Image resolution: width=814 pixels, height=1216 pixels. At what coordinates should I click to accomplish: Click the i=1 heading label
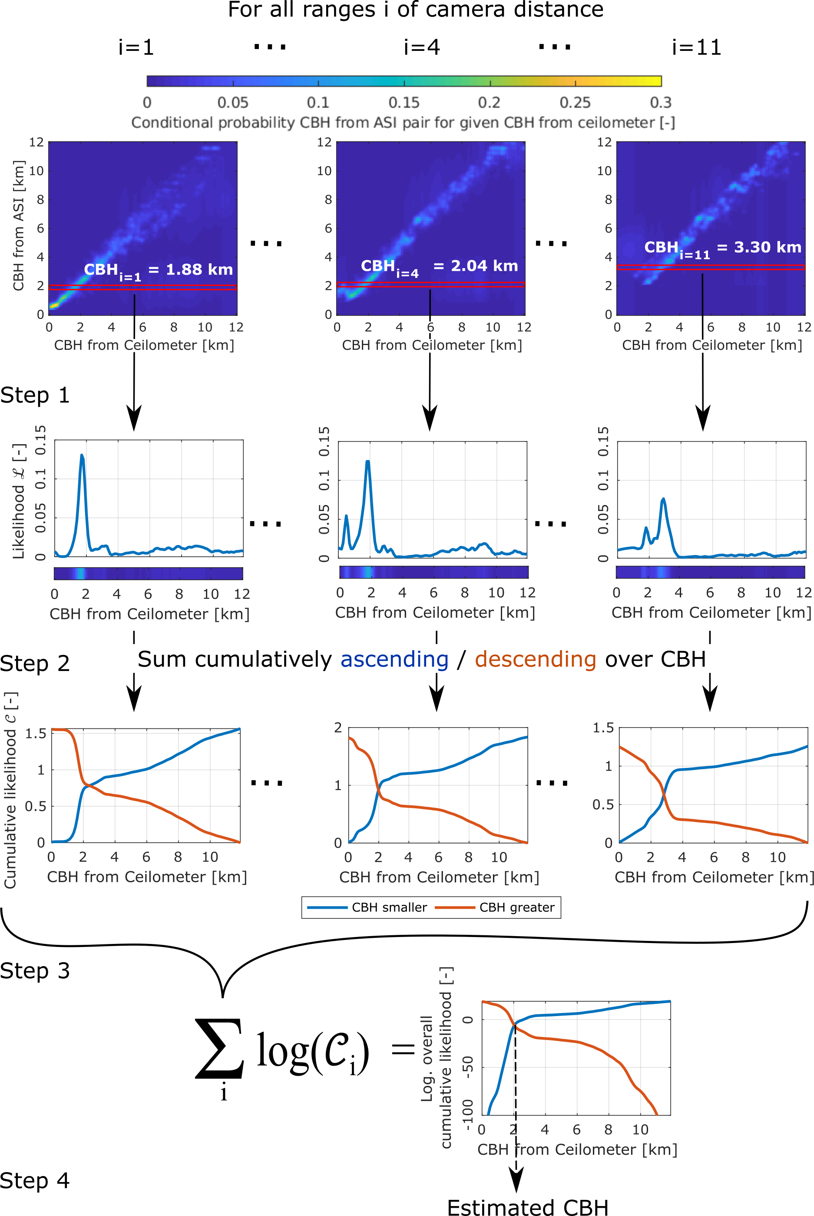(136, 48)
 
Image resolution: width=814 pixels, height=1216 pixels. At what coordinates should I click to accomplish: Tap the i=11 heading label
(696, 48)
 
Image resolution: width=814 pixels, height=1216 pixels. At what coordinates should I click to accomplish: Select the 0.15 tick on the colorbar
(404, 102)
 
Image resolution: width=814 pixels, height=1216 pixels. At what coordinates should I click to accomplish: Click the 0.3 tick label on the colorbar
(660, 102)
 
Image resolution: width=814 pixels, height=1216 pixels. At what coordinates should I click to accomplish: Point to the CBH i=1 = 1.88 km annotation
(159, 271)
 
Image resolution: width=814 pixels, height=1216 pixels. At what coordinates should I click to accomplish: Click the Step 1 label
(35, 395)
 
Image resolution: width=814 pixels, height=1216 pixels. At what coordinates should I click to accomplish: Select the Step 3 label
(35, 971)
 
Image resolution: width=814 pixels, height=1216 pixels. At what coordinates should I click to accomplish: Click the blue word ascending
(394, 659)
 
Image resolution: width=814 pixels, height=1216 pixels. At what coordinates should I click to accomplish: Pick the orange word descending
(535, 659)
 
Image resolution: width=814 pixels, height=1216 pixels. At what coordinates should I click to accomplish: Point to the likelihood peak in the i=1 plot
(82, 456)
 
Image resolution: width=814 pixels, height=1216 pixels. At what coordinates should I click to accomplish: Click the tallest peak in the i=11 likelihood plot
(663, 500)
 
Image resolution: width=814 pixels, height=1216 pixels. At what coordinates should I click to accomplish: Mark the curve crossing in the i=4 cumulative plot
(378, 790)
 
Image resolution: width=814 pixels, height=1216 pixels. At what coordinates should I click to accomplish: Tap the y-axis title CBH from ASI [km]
(19, 226)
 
